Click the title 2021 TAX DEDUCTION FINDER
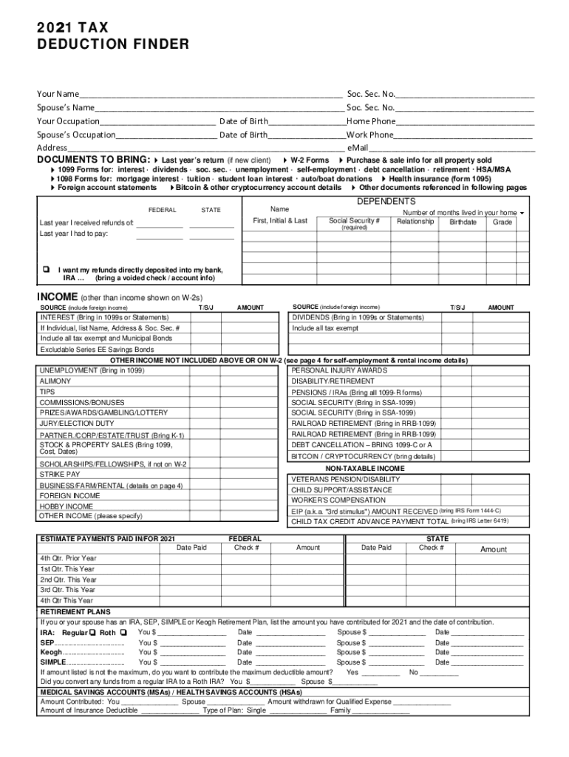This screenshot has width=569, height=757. coord(113,36)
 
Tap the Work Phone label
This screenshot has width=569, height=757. coord(370,135)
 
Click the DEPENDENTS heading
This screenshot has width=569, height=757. coord(386,202)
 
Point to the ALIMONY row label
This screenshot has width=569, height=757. coord(56,381)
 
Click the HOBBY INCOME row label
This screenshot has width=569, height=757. coord(67,506)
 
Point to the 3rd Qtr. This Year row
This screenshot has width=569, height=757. coord(68,590)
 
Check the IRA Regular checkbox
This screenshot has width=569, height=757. coord(92,634)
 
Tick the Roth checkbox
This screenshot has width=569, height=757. coord(123,634)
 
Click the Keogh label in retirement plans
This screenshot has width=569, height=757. coord(51,652)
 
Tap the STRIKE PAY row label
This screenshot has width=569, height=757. coord(61,474)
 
